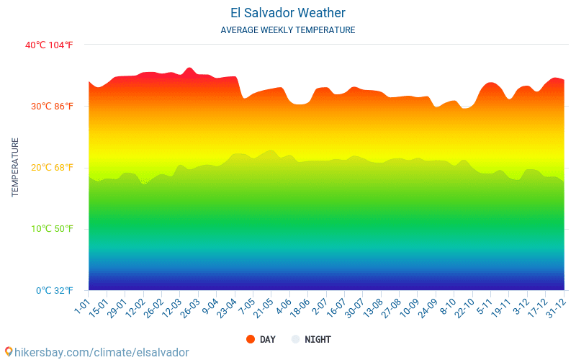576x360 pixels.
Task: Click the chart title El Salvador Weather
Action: (x=287, y=13)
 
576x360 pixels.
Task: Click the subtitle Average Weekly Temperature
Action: (x=287, y=30)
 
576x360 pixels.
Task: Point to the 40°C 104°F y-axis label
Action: (x=49, y=45)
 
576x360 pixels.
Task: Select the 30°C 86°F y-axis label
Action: (x=51, y=106)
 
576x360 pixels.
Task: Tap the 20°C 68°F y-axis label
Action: (x=51, y=167)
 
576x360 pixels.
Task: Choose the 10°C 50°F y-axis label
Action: (x=51, y=229)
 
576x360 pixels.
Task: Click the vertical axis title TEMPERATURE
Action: (x=15, y=167)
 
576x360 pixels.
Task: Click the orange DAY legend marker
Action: (x=251, y=339)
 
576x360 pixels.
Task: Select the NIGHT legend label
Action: (x=318, y=339)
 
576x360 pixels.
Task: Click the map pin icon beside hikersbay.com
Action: (x=8, y=352)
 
